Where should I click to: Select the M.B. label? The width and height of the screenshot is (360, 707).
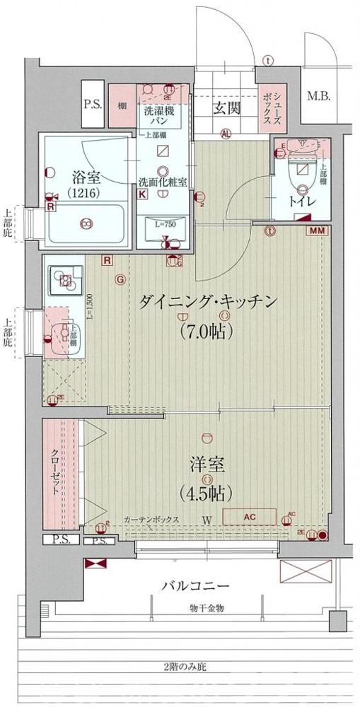coord(317,98)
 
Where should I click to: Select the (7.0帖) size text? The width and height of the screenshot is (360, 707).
coord(207,330)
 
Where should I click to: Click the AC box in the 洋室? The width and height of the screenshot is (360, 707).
coord(248,516)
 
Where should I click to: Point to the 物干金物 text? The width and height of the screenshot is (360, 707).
coord(207,609)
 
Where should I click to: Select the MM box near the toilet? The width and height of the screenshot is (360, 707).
coord(316,230)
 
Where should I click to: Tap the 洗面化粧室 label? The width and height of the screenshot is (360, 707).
coord(163,182)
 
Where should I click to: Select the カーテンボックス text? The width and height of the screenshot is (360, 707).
coord(151,520)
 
